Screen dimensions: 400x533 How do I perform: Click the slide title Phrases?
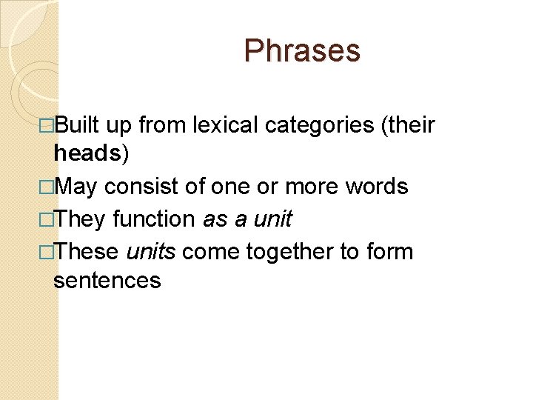(302, 51)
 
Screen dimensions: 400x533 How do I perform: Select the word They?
(81, 219)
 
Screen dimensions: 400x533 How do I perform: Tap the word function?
(155, 219)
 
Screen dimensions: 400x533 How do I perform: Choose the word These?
(87, 251)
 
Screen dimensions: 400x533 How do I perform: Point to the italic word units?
(151, 251)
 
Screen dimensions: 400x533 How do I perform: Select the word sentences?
(107, 280)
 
